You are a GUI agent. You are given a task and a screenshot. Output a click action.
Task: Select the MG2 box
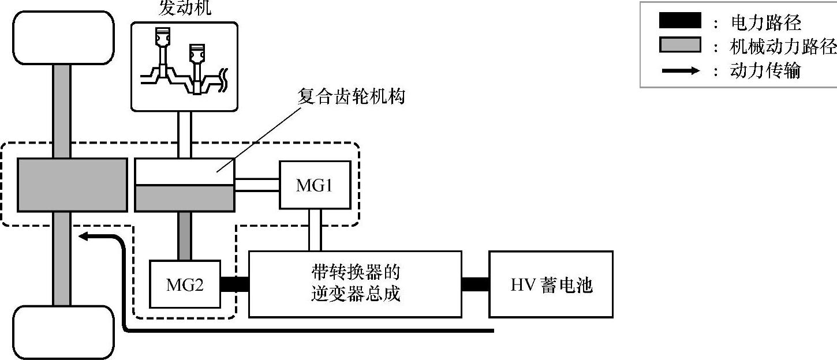[x=185, y=284]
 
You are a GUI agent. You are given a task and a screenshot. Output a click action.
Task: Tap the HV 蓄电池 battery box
[x=551, y=284]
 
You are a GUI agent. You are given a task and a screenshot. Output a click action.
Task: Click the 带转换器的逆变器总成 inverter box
[x=355, y=284]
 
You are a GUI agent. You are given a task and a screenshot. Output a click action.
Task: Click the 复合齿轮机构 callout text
[x=351, y=96]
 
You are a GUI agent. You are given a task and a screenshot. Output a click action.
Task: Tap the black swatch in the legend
[x=679, y=22]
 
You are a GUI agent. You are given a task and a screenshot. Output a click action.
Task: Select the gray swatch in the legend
[x=679, y=46]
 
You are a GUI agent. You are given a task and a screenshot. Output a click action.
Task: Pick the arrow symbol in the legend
[x=679, y=71]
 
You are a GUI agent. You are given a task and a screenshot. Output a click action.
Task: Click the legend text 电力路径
[x=765, y=22]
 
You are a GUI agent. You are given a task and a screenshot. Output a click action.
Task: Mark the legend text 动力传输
[x=765, y=71]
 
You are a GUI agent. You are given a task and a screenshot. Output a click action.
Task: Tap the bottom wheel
[x=63, y=332]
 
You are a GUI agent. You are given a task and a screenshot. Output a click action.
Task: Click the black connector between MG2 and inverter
[x=234, y=284]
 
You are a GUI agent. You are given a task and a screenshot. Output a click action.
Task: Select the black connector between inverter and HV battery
[x=475, y=284]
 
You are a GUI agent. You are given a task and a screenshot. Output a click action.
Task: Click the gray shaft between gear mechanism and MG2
[x=185, y=236]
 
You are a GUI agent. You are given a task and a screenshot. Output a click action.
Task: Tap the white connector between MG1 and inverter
[x=315, y=230]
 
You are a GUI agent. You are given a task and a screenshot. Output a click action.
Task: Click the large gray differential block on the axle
[x=72, y=184]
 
